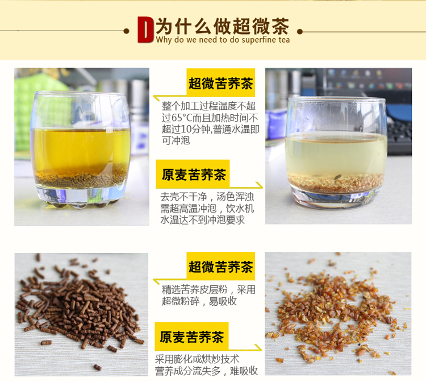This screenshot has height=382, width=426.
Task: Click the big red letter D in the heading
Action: pyautogui.click(x=145, y=30)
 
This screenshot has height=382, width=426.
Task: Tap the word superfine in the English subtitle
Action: pyautogui.click(x=259, y=40)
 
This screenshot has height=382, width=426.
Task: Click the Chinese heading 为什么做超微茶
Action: pyautogui.click(x=223, y=26)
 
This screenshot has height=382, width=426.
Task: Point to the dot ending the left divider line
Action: pyautogui.click(x=126, y=31)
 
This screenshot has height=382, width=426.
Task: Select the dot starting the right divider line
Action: pyautogui.click(x=300, y=31)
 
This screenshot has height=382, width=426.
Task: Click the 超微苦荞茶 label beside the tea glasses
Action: pyautogui.click(x=220, y=83)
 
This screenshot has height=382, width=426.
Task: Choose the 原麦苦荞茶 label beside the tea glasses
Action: pyautogui.click(x=194, y=175)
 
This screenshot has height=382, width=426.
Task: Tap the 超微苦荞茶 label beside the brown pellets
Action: pyautogui.click(x=220, y=267)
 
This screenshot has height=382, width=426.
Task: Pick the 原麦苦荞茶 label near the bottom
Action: pyautogui.click(x=192, y=337)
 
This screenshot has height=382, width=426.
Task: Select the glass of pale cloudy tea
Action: pyautogui.click(x=336, y=152)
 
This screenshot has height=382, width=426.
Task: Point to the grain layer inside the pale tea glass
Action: pyautogui.click(x=336, y=181)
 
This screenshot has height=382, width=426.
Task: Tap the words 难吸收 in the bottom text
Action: pyautogui.click(x=244, y=371)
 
